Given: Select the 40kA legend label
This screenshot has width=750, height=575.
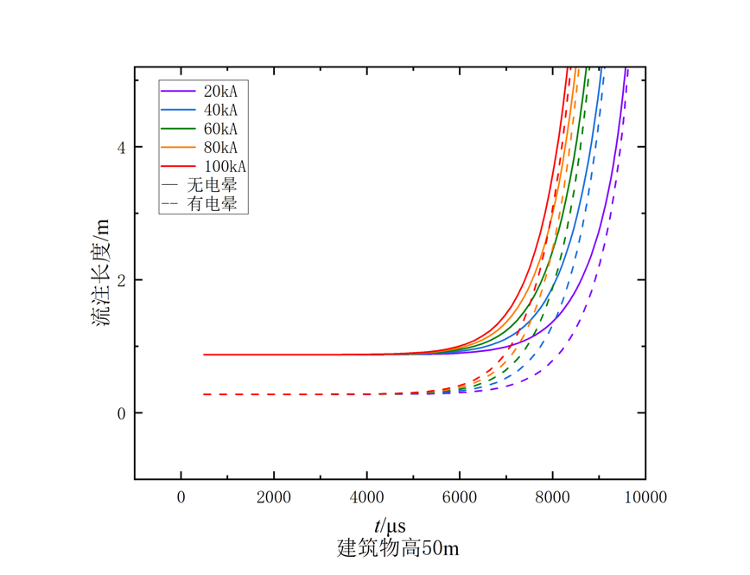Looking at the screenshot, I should coord(220,110).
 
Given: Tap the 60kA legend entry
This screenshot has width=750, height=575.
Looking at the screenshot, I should coord(220,128).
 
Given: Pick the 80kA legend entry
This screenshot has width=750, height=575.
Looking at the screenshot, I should coord(220,147).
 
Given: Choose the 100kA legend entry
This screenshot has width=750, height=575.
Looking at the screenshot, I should coord(225,166).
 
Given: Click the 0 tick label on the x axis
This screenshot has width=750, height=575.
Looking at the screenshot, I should coord(181,497).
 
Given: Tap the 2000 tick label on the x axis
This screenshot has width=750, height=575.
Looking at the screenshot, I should coord(274,497).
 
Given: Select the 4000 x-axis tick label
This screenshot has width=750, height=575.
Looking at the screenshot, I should coord(366,497).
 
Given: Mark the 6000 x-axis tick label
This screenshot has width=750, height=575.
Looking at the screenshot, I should coord(460,497).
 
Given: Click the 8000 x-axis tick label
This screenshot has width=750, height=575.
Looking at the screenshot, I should coord(552,497).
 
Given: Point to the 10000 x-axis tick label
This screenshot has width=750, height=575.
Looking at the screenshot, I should coord(645,497).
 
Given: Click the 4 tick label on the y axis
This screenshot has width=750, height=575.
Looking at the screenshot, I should coord(122,148).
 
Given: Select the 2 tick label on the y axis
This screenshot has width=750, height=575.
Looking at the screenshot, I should coord(122,280).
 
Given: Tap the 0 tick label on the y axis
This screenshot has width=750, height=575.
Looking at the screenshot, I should coord(122,413).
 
